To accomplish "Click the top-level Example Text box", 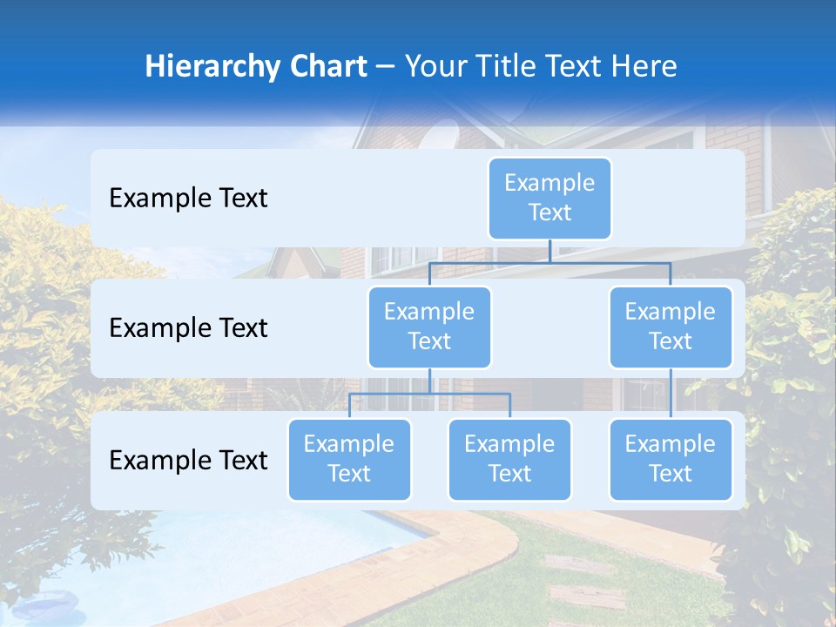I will click(x=549, y=198).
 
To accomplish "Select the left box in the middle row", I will click(x=429, y=327).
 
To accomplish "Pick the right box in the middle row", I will click(x=671, y=327).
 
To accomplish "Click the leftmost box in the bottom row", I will click(x=349, y=459).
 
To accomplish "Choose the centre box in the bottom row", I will click(x=509, y=459).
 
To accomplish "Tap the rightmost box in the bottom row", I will click(x=671, y=459).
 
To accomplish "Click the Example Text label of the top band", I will click(x=188, y=199).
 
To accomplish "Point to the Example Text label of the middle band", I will click(x=188, y=328).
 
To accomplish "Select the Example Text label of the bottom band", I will click(x=188, y=460).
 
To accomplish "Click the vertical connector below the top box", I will click(x=549, y=251).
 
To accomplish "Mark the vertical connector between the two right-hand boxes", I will click(x=671, y=394).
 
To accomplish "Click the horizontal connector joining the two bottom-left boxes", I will click(x=429, y=394).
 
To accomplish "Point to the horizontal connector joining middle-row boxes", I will click(x=549, y=262).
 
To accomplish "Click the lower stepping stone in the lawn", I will click(x=589, y=597).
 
